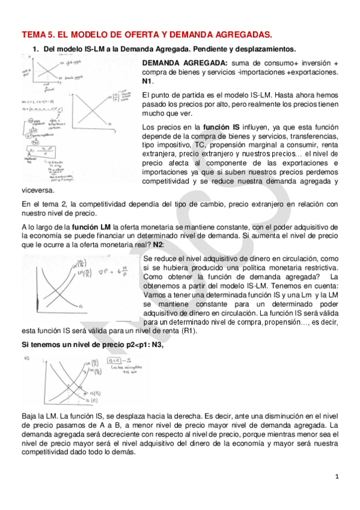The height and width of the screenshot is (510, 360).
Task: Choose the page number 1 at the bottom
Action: (337, 477)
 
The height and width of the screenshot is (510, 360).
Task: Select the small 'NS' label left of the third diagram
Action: (26, 359)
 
